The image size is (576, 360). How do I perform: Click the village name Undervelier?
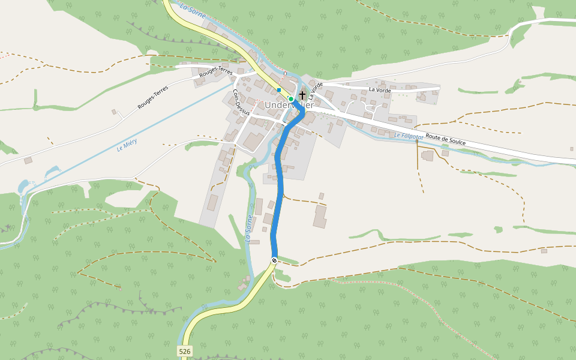pos(289,106)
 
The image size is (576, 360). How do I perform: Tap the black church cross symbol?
pos(302,95)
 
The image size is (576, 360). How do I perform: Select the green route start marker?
pos(290,98)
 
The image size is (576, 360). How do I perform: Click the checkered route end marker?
pos(274,260)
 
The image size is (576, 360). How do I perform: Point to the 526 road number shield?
pos(185,351)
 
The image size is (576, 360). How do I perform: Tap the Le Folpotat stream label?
pos(409,136)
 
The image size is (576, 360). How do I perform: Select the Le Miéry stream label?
pos(127,145)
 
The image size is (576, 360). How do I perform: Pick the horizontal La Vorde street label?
pos(380,90)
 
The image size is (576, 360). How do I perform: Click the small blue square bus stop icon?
pos(279,90)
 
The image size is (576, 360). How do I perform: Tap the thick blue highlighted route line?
pos(279,192)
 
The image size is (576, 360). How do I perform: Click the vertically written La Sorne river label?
pos(248,228)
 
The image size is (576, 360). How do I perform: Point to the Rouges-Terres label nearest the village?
pos(216,71)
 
